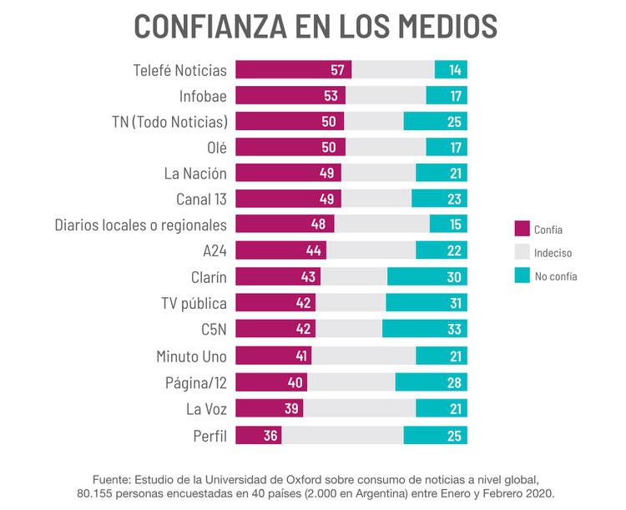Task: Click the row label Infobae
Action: pyautogui.click(x=203, y=96)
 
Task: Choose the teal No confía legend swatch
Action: pyautogui.click(x=523, y=275)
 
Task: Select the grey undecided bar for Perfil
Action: pyautogui.click(x=342, y=436)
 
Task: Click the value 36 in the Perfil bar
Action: pyautogui.click(x=270, y=436)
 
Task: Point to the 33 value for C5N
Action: pyautogui.click(x=455, y=328)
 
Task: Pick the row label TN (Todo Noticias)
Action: pyautogui.click(x=169, y=122)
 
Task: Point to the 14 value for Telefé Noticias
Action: pyautogui.click(x=456, y=70)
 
